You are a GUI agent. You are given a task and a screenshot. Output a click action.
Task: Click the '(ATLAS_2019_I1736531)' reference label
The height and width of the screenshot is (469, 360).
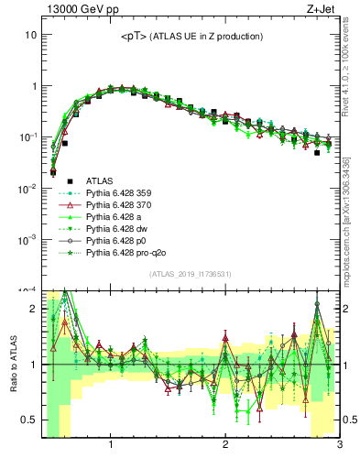191,274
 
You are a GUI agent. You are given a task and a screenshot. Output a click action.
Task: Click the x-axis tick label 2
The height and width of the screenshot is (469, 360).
225,446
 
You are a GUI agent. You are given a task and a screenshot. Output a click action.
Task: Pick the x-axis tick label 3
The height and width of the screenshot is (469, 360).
339,446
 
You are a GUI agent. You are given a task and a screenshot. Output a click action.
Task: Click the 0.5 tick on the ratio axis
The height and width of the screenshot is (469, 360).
28,420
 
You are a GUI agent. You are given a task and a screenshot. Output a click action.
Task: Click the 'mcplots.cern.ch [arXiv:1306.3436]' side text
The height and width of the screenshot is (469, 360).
351,220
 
